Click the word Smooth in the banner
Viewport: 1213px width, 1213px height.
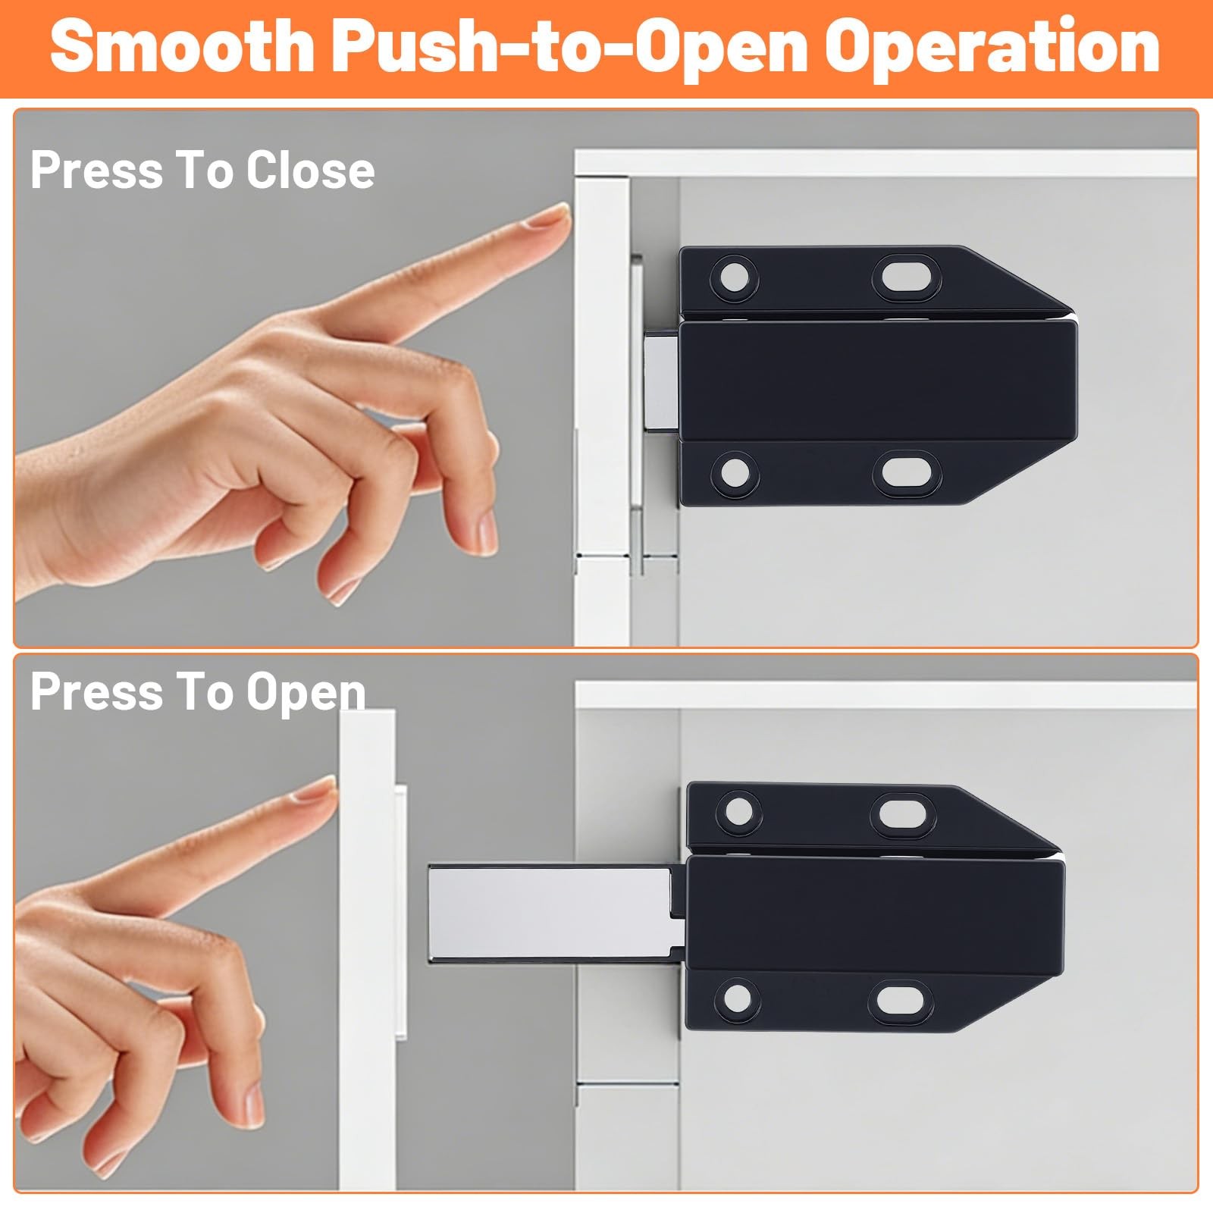click(x=183, y=47)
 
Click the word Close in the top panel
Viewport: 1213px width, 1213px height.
click(x=310, y=170)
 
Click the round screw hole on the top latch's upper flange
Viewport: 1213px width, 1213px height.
click(x=733, y=277)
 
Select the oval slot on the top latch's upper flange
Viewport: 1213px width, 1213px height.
click(x=907, y=277)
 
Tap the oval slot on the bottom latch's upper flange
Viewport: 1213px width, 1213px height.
click(x=906, y=812)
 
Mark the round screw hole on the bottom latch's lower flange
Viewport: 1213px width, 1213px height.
click(x=738, y=1000)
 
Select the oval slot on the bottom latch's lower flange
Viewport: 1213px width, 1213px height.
click(x=904, y=1001)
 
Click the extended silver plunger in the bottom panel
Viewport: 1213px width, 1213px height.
click(x=550, y=913)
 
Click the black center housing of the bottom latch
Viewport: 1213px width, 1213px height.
click(x=876, y=914)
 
